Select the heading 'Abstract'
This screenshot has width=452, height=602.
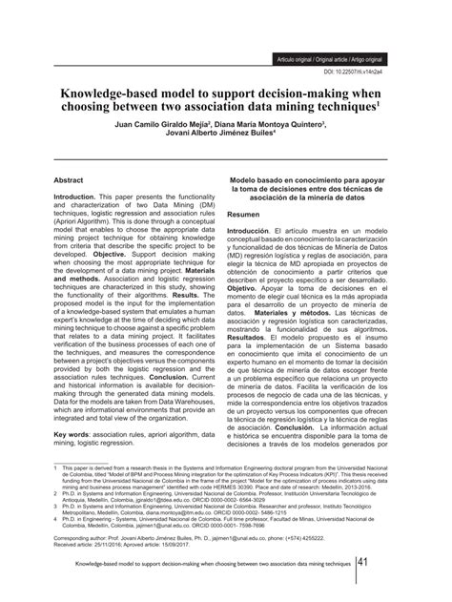tap(70, 152)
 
